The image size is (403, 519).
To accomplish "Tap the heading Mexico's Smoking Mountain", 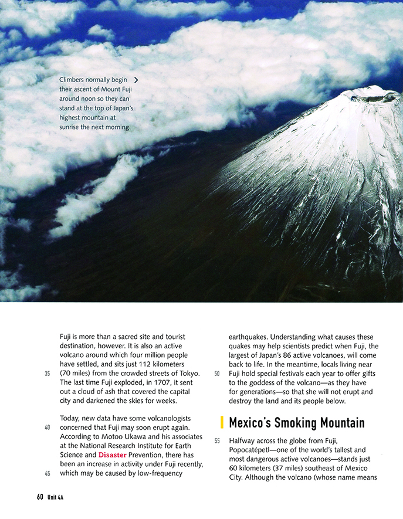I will click(x=297, y=422).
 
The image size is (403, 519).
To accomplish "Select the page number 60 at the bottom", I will click(x=40, y=497).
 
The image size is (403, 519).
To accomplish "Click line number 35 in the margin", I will click(x=48, y=374).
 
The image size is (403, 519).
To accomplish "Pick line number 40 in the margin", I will click(x=48, y=428).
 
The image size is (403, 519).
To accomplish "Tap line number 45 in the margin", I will click(x=48, y=473).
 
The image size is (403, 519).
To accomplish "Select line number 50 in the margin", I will click(x=216, y=374).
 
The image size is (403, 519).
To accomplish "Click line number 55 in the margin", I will click(x=216, y=440).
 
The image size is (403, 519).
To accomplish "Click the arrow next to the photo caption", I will click(x=136, y=79).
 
